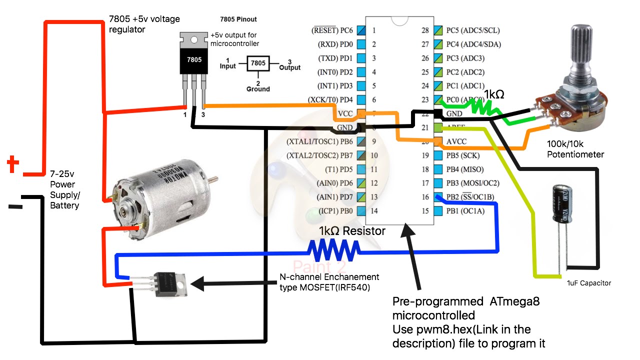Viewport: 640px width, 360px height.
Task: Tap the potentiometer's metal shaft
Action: point(580,50)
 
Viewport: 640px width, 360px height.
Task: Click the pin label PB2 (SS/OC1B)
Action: point(470,197)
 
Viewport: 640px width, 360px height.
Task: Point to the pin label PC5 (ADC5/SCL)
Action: point(473,30)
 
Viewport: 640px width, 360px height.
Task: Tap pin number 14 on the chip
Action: point(374,211)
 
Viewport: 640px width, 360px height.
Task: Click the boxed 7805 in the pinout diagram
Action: point(257,64)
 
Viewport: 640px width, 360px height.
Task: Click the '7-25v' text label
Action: point(61,173)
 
